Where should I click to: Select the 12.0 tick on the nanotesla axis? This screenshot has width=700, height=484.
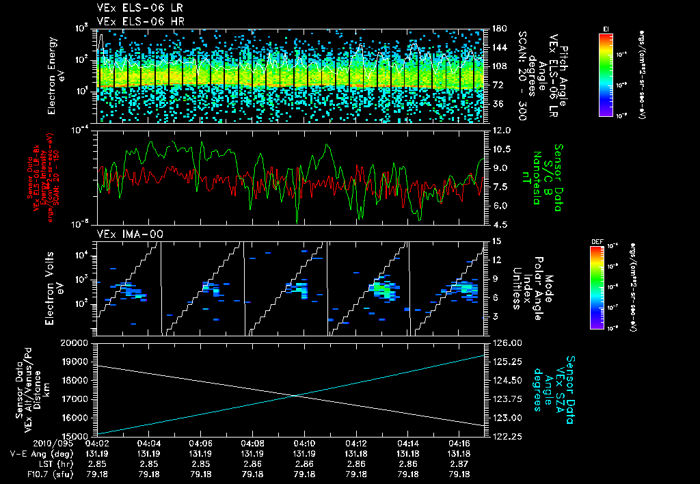click(x=501, y=130)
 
